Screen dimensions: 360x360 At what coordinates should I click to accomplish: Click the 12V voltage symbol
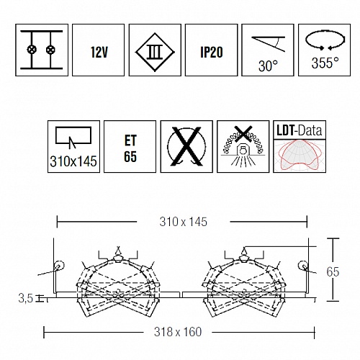coord(99,52)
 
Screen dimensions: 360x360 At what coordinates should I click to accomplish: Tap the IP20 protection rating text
coord(212,52)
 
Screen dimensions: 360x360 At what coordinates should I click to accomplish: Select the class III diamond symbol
coord(155,52)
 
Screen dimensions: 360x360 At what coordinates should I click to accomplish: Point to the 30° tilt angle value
coord(268,66)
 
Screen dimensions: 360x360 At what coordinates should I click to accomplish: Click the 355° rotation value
coord(325,63)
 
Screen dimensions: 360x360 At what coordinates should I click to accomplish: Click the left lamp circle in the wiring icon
coord(32,50)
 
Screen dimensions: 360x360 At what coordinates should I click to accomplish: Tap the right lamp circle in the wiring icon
coord(50,50)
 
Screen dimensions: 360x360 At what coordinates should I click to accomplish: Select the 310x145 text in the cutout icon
coord(73,161)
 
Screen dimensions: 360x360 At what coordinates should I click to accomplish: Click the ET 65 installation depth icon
coord(130,148)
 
